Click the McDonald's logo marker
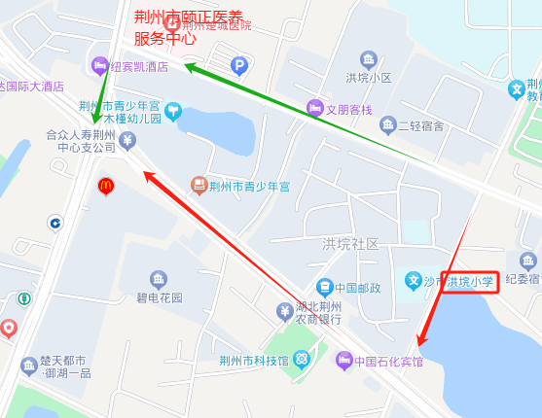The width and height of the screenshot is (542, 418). (105, 185)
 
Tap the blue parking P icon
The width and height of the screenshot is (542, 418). (239, 66)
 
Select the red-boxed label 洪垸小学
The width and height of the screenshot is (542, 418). (471, 283)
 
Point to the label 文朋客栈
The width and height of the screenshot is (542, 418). (348, 109)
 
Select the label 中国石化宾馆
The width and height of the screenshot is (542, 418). (388, 362)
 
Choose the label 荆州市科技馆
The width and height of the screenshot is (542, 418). (254, 361)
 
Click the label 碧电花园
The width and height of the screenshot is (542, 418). (160, 297)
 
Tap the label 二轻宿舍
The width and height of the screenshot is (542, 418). (420, 126)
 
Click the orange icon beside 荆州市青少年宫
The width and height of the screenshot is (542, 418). (199, 184)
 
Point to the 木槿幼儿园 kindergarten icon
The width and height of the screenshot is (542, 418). (173, 112)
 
